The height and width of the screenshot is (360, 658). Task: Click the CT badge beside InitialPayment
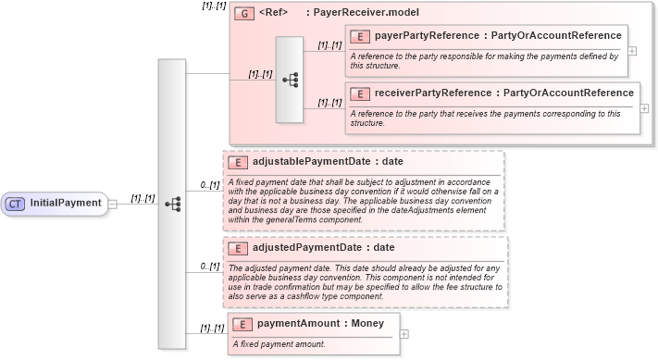pos(15,203)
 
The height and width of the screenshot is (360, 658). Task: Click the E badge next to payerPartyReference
pos(362,36)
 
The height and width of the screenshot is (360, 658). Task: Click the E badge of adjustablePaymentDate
pos(238,162)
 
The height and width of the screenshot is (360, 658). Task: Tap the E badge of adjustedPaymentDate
pos(238,248)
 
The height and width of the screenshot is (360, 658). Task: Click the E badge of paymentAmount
pos(242,324)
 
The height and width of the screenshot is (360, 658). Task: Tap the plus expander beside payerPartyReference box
pos(632,51)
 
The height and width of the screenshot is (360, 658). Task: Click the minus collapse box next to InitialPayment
pos(112,204)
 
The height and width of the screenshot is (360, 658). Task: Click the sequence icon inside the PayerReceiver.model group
pos(290,81)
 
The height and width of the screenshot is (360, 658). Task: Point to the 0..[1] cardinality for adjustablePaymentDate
pos(210,185)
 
